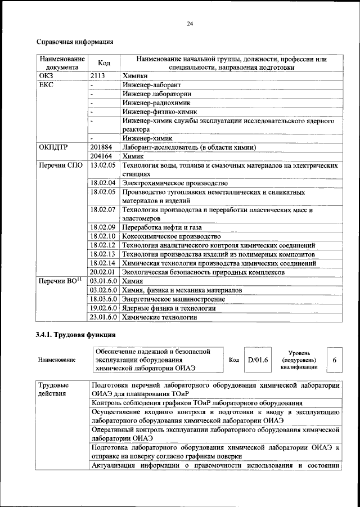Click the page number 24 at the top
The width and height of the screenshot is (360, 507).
190,23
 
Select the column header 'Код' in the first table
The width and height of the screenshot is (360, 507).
104,63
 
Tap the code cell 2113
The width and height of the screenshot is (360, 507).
98,75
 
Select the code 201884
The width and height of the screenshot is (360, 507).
101,147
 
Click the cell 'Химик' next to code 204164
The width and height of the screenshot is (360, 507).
134,156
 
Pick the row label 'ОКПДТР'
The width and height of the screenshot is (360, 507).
53,147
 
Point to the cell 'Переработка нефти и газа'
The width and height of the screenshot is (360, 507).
163,227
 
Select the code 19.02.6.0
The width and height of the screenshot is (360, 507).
103,308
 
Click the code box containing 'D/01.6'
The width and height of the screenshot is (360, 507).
258,360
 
